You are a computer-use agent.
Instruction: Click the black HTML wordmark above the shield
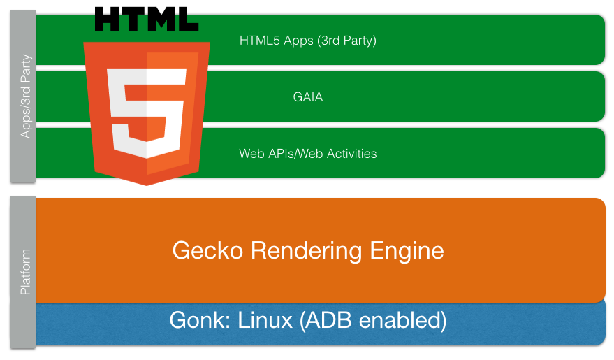tap(146, 19)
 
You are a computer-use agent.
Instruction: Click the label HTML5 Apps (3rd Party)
tap(307, 41)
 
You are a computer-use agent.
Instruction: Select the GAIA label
tap(307, 97)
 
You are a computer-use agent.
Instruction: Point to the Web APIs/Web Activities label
tap(307, 154)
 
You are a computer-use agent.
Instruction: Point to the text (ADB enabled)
tap(372, 321)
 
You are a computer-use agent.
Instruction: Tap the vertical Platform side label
tap(26, 271)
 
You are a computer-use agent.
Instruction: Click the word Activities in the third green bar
tap(349, 154)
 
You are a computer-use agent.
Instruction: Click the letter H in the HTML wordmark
tap(108, 19)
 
